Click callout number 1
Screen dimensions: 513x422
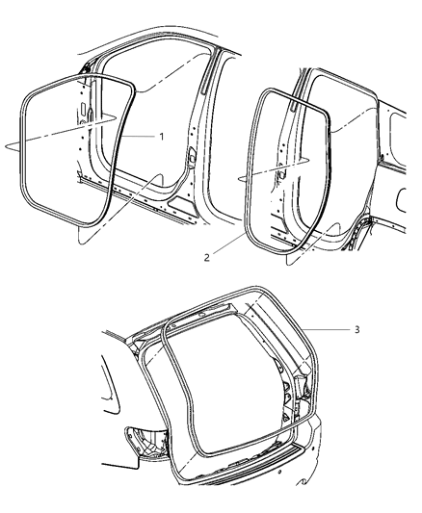(x=162, y=137)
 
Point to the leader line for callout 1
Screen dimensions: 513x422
(x=140, y=137)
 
